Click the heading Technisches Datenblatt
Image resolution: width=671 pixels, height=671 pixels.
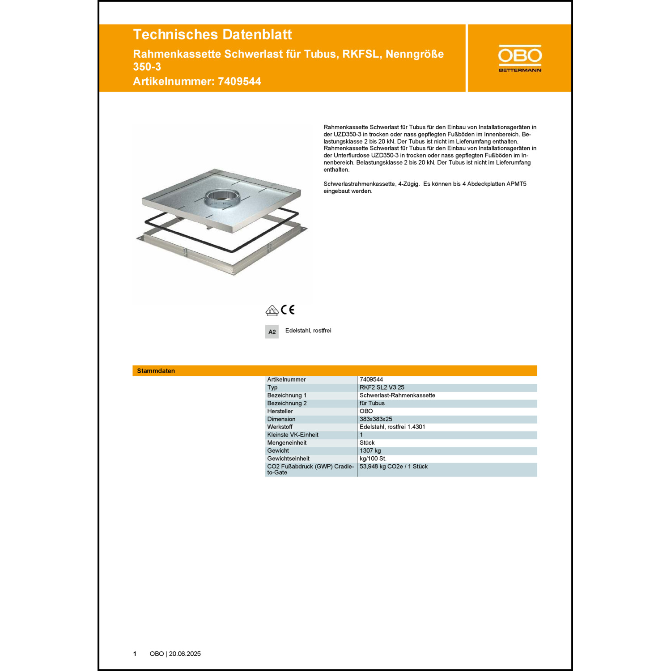pyautogui.click(x=212, y=34)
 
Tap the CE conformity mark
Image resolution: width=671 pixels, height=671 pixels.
pyautogui.click(x=288, y=310)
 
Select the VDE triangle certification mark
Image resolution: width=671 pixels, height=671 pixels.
pyautogui.click(x=272, y=310)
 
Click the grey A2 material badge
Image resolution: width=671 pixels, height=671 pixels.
pyautogui.click(x=272, y=331)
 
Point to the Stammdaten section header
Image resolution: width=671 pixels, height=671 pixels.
pyautogui.click(x=156, y=371)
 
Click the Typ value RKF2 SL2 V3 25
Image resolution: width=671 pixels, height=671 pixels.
pyautogui.click(x=382, y=387)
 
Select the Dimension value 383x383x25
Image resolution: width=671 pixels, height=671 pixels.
pyautogui.click(x=376, y=419)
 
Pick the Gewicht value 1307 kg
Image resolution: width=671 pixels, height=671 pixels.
pyautogui.click(x=370, y=450)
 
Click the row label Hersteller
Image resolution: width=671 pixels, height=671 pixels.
pyautogui.click(x=280, y=411)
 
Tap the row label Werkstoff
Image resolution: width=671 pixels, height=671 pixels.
pyautogui.click(x=280, y=427)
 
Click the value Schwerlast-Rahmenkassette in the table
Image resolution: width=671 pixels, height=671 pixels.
pyautogui.click(x=397, y=395)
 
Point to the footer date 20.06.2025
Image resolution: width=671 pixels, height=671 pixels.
pyautogui.click(x=185, y=654)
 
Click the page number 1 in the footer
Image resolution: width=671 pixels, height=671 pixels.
pyautogui.click(x=135, y=654)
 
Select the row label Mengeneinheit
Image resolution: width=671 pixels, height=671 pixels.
pyautogui.click(x=287, y=443)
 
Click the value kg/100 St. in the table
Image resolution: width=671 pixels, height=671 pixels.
pyautogui.click(x=373, y=459)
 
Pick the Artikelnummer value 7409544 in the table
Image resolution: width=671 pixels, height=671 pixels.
pyautogui.click(x=371, y=379)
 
